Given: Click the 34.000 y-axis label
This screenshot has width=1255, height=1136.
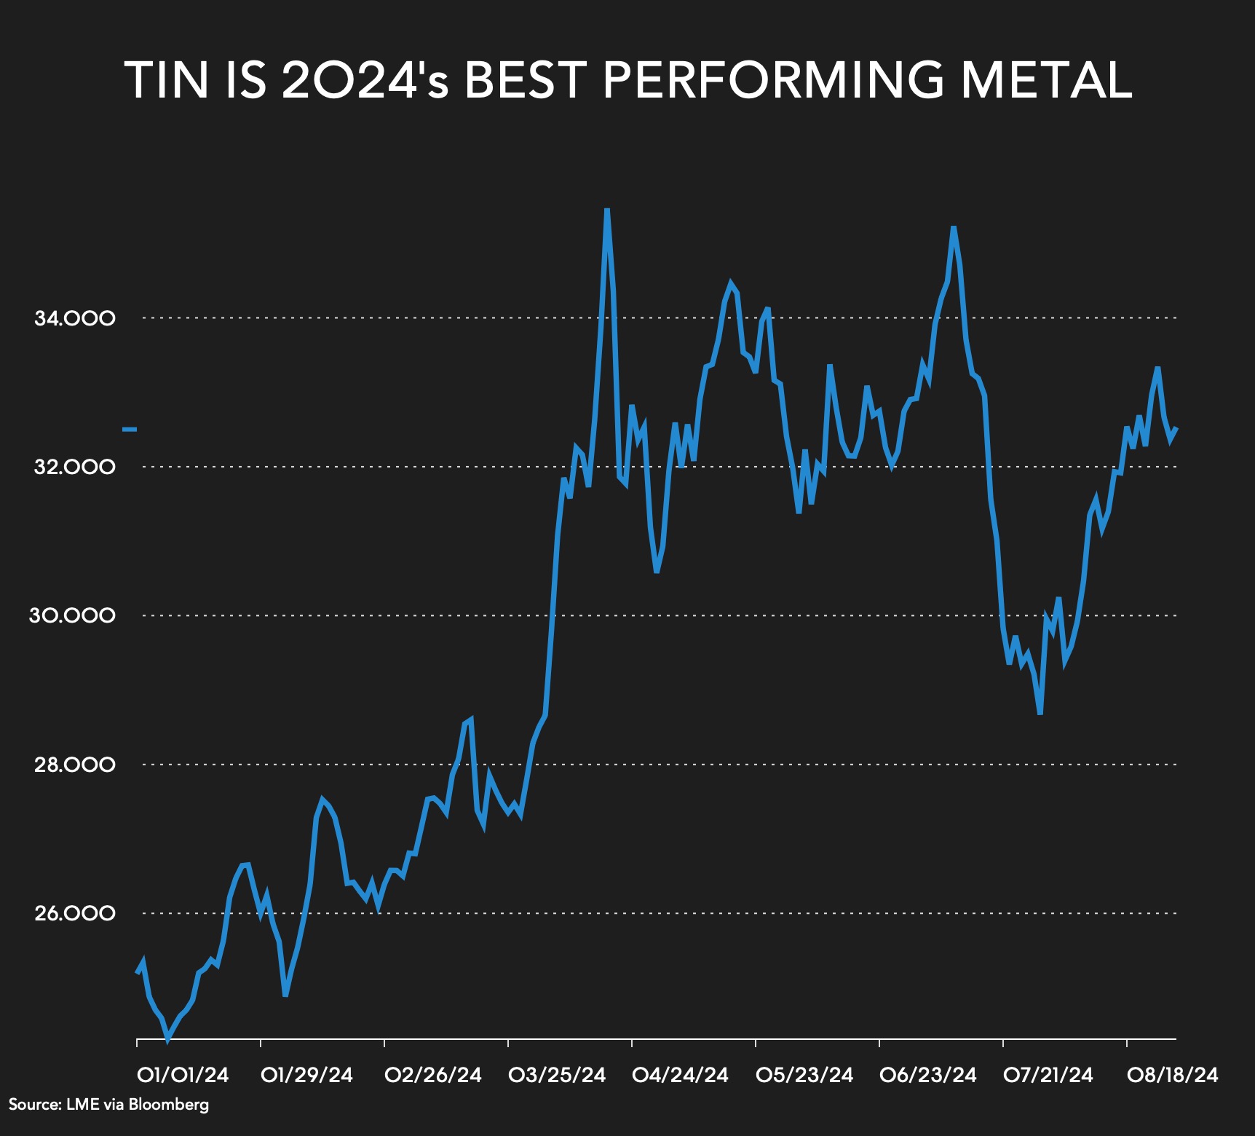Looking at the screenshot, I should (x=74, y=318).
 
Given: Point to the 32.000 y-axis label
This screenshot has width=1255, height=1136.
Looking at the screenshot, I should (x=74, y=467).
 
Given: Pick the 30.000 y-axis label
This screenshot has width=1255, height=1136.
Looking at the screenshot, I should (x=72, y=615).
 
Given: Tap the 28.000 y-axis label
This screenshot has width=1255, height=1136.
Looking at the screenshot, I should (x=74, y=765).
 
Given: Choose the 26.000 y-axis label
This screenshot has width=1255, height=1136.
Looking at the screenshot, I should (x=74, y=913).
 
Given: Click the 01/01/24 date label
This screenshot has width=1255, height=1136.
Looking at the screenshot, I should (x=183, y=1075).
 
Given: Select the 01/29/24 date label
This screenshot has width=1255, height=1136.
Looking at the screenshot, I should (x=306, y=1075).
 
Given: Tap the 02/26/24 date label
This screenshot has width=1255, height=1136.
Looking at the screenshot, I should (x=433, y=1075).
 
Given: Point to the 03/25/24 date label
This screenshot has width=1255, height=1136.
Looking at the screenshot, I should (x=557, y=1075).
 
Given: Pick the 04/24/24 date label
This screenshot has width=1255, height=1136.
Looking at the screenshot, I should (x=680, y=1075).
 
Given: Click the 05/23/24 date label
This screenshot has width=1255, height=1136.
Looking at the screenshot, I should (x=804, y=1075).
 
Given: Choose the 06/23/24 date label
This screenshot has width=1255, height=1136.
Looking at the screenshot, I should (x=927, y=1075).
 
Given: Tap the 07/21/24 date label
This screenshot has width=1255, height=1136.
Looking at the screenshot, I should (x=1048, y=1075).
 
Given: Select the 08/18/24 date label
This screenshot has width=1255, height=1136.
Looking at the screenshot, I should (x=1172, y=1075).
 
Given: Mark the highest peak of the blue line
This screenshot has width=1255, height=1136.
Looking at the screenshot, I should (x=606, y=210).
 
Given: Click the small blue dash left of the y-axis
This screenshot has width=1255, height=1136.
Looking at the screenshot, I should (x=130, y=430).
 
